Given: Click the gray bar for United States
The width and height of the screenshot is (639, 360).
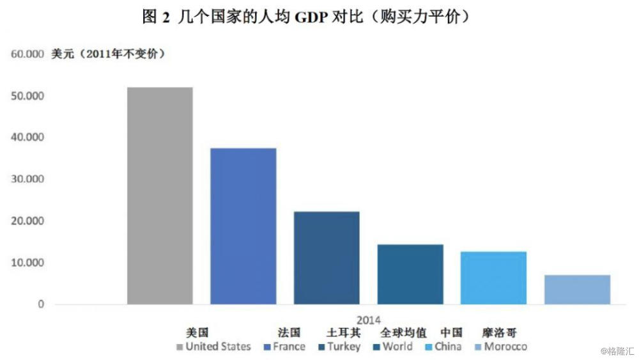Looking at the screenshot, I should [x=160, y=195].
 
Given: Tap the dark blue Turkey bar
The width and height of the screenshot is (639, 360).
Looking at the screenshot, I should [x=327, y=258].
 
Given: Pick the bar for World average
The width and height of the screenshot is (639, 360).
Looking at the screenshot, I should [x=410, y=274].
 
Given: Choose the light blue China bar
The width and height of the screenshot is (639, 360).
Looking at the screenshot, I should [x=493, y=278].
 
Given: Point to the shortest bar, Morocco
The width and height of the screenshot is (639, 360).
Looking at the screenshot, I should [x=577, y=289].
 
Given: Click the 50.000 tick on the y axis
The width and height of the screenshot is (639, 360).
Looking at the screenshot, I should [x=27, y=96].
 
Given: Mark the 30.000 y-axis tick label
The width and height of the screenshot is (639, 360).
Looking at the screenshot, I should [x=27, y=179].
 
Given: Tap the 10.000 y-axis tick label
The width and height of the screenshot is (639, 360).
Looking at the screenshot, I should [x=27, y=263].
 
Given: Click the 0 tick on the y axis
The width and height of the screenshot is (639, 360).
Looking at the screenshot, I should [x=40, y=304].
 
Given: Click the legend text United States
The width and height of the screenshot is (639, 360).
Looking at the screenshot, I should [x=218, y=347].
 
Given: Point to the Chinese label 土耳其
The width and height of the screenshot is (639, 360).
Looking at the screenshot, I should [x=343, y=333].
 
